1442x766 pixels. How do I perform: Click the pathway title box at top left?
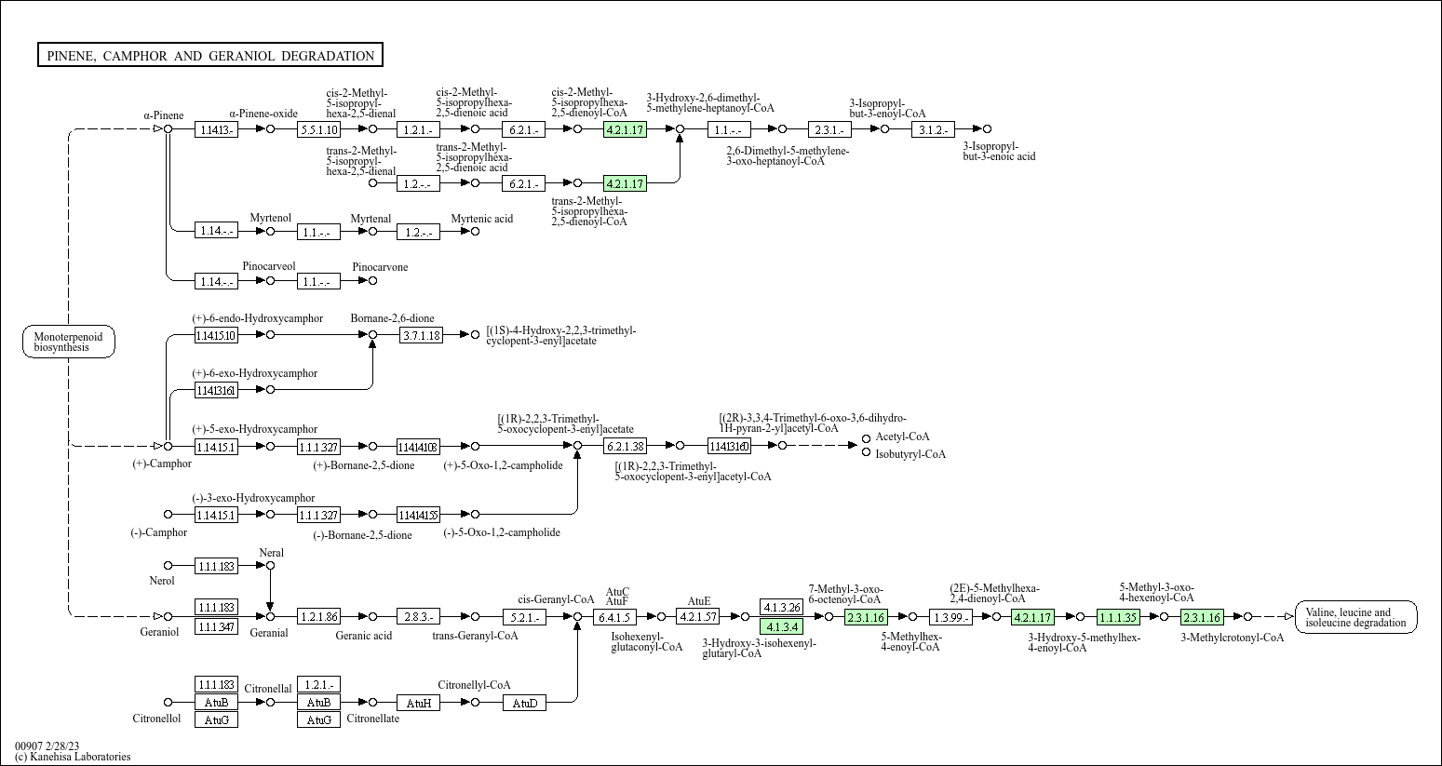(210, 56)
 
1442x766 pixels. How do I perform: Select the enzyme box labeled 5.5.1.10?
(318, 129)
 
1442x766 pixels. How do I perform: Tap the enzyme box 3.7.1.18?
(421, 335)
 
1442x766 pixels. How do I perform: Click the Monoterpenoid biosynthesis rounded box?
(69, 342)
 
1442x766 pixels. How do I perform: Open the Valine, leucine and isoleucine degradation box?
(1356, 617)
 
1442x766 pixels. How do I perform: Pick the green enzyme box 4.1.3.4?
(781, 626)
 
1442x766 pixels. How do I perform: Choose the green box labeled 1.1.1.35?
(1117, 617)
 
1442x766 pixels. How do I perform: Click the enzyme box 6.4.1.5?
(614, 617)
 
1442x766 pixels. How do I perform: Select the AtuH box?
(418, 703)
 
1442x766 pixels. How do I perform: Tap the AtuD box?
(525, 703)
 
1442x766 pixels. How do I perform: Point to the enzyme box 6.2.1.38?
(625, 447)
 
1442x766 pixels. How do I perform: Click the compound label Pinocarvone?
(380, 267)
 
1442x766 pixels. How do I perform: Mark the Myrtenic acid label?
(481, 219)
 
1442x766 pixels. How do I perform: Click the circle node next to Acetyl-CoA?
(866, 437)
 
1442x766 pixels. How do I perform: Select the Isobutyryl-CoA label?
(910, 454)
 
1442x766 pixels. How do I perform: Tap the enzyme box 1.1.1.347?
(216, 626)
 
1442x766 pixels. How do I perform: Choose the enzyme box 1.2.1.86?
(318, 617)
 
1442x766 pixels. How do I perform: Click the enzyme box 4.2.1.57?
(698, 617)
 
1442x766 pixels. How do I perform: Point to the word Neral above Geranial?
(271, 553)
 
